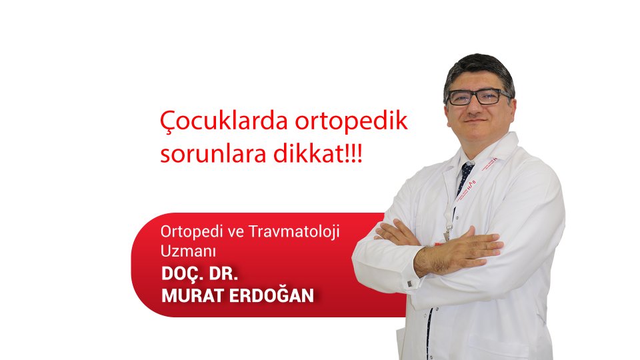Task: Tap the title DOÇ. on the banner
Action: coord(185,274)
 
